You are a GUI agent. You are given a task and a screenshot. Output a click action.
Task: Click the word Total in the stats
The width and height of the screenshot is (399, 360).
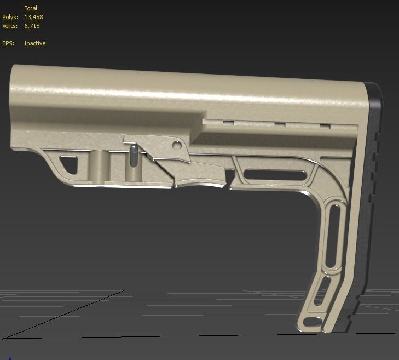coord(31,8)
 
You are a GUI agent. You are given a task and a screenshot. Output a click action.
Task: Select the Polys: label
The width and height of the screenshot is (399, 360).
coord(10,17)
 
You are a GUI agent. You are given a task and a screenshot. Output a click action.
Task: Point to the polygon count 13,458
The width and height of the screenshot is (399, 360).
coord(34,17)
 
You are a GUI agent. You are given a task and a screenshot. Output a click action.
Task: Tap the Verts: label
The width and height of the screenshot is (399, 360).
coord(10,26)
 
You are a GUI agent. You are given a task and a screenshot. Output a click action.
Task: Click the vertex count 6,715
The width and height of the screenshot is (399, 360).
coord(32,26)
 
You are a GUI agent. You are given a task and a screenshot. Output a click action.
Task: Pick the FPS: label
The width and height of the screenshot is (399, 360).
coord(9,43)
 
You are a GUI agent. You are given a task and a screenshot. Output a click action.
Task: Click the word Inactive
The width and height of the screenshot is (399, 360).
coord(35,43)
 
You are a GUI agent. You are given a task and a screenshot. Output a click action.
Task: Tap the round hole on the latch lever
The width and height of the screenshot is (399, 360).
coord(176,145)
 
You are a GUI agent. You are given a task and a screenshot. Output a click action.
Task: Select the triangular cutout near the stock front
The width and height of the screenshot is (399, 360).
coord(69,164)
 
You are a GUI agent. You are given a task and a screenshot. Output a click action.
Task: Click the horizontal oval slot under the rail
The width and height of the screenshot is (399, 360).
coord(275,174)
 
